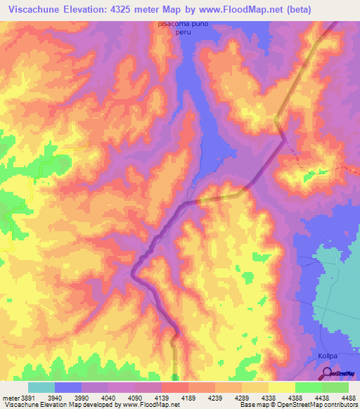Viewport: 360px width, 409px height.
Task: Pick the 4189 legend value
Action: click(174, 397)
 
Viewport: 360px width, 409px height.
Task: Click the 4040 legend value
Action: click(94, 397)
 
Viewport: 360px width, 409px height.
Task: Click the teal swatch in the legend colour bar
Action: click(41, 387)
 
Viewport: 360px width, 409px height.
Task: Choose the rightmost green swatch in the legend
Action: click(335, 387)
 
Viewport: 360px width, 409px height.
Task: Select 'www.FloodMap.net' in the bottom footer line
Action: click(144, 405)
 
